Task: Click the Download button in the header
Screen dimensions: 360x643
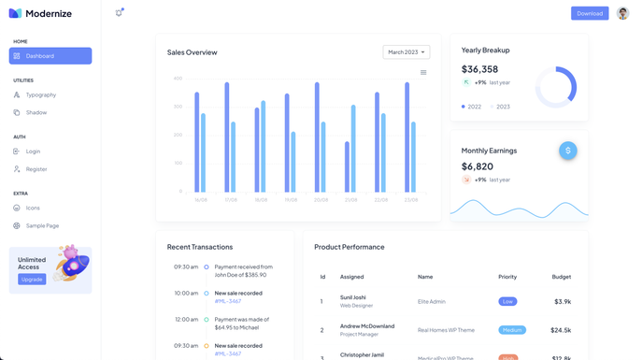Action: (x=590, y=13)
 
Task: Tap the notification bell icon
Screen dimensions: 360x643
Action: (x=119, y=13)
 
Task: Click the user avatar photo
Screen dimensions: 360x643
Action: (x=623, y=13)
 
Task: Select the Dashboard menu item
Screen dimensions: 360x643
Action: (x=50, y=56)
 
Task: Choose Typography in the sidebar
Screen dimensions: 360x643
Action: (x=40, y=95)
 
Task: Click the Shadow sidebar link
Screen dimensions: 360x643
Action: (x=36, y=113)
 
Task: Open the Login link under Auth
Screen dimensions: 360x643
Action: (x=33, y=151)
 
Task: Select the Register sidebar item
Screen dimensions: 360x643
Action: (x=36, y=169)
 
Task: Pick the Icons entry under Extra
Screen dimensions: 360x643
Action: (x=33, y=208)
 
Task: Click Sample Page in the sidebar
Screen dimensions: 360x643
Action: (x=42, y=225)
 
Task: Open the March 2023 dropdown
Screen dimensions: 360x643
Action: (x=406, y=52)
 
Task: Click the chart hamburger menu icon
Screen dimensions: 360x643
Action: (x=423, y=72)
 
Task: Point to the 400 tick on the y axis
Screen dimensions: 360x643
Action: (x=178, y=79)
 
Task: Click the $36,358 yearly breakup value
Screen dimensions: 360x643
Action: (x=479, y=69)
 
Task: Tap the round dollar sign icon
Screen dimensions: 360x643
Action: (x=568, y=151)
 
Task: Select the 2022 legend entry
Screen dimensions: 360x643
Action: (x=472, y=107)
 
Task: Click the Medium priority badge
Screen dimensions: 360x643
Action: (x=512, y=330)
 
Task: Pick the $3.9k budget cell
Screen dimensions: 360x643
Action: (x=562, y=302)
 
